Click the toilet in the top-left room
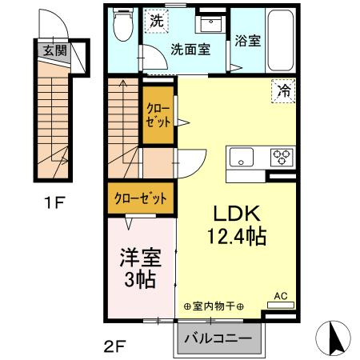coord(123,24)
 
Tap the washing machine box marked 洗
coord(157,21)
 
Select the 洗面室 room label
coord(190,50)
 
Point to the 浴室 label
coord(248,41)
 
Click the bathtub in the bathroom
coord(281,40)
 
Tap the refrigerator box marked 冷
coord(283,91)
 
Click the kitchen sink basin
coord(242,158)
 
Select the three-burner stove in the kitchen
coord(282,158)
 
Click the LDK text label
coord(237,214)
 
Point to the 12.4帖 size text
coord(237,237)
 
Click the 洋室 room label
coord(140,258)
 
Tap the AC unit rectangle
coord(281,305)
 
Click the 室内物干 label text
coord(214,306)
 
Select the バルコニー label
coord(218,339)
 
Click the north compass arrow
coord(334,338)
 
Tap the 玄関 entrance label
coord(55,50)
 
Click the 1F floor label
coord(54,203)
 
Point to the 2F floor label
coord(114,346)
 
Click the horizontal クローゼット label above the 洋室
coord(141,198)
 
